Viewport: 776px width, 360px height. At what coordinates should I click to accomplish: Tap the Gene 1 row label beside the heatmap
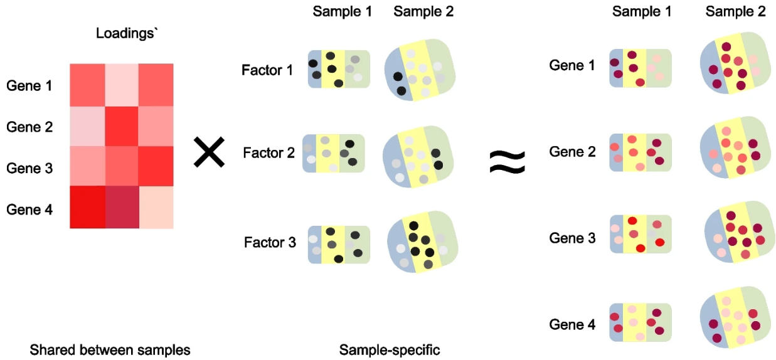tap(29, 85)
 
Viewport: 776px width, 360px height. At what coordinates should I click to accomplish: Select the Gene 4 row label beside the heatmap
tap(29, 209)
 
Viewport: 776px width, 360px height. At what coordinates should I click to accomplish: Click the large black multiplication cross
tap(209, 152)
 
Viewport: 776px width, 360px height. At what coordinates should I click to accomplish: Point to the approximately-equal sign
tap(507, 162)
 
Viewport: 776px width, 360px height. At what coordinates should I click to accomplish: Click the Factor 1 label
tap(267, 70)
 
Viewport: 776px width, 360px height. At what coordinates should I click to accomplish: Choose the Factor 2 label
tap(269, 152)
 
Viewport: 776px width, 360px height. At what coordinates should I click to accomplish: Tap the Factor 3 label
tap(270, 241)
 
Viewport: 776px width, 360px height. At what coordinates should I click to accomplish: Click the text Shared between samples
tap(110, 349)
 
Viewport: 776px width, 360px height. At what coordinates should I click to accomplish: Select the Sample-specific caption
tap(390, 349)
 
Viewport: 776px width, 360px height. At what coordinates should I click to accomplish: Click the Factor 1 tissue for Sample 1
tap(339, 69)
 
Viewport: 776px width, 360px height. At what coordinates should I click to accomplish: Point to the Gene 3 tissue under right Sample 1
tap(640, 234)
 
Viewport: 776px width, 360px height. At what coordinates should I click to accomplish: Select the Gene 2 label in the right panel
tap(572, 151)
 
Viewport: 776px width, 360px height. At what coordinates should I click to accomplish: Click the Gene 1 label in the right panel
tap(572, 65)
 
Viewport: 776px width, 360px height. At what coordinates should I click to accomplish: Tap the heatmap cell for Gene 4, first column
tap(87, 208)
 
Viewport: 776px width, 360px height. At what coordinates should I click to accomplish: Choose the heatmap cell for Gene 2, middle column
tap(121, 125)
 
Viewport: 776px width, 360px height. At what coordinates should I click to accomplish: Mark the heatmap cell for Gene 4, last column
tap(156, 208)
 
